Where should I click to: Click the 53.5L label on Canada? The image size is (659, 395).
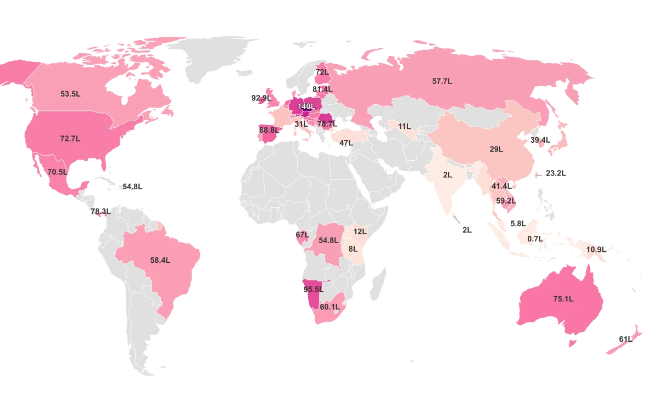coord(70,94)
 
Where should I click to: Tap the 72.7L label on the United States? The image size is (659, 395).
coord(70,139)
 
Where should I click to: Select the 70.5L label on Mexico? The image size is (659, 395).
coord(57,172)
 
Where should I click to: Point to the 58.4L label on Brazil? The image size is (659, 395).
coord(160,261)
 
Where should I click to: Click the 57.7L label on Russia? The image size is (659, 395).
coord(442,81)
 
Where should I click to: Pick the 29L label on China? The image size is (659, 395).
coord(496,149)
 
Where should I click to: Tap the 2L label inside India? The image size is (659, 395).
coord(448,175)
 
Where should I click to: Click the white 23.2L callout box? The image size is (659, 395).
coord(555,173)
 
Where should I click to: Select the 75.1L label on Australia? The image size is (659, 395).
coord(563,299)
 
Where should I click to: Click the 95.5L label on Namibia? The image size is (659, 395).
coord(314,289)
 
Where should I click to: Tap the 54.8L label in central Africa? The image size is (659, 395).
coord(328,240)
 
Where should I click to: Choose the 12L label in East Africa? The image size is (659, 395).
coord(360,232)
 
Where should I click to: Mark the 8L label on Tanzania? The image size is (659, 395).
coord(353,249)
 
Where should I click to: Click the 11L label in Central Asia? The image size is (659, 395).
coord(404,126)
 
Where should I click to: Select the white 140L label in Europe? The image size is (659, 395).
coord(306,106)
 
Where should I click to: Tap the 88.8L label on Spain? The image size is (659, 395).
coord(268,130)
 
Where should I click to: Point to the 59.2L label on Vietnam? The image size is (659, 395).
coord(506,201)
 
